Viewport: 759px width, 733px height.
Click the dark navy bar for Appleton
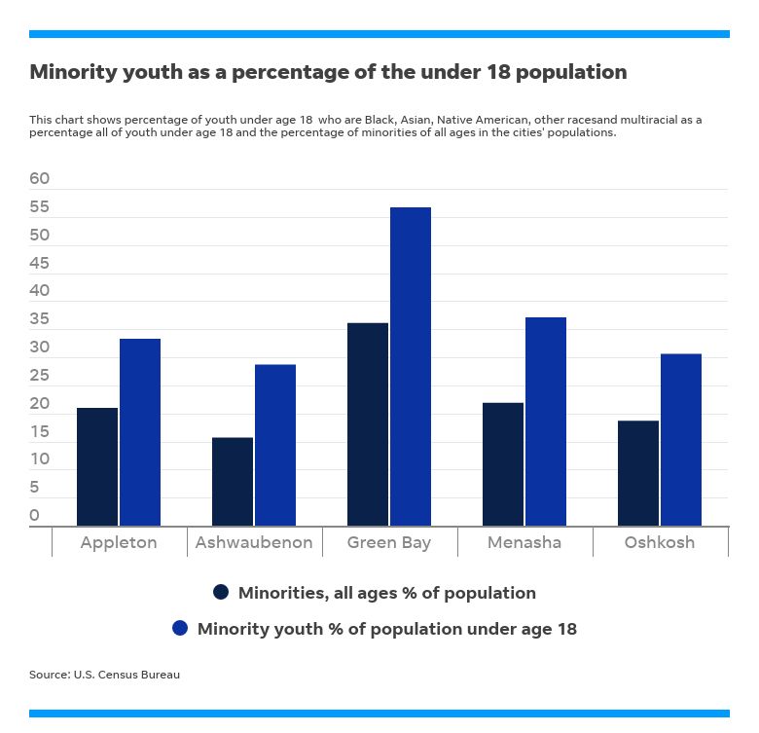coord(97,467)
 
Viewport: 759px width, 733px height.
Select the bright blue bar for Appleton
coord(140,432)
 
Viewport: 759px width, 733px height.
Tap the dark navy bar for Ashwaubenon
coord(233,482)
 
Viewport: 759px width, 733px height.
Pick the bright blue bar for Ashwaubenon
coord(275,445)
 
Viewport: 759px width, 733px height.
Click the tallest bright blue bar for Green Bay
coord(411,367)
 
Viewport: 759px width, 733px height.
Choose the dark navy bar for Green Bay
coord(368,424)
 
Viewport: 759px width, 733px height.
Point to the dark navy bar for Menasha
coord(503,464)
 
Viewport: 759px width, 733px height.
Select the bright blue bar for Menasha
coord(546,421)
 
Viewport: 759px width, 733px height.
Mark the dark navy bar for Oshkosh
coord(638,473)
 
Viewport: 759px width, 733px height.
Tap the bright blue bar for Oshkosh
coord(681,440)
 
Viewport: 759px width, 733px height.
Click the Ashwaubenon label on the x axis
coord(254,542)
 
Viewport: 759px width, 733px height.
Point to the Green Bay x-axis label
coord(389,542)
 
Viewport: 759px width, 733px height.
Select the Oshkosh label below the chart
coord(660,542)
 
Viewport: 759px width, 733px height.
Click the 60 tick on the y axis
coord(40,179)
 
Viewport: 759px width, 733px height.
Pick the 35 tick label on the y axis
coord(40,319)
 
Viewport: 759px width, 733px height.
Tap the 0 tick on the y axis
coord(35,515)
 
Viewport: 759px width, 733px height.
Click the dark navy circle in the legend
coord(221,592)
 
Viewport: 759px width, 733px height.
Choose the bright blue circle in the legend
coord(180,629)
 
